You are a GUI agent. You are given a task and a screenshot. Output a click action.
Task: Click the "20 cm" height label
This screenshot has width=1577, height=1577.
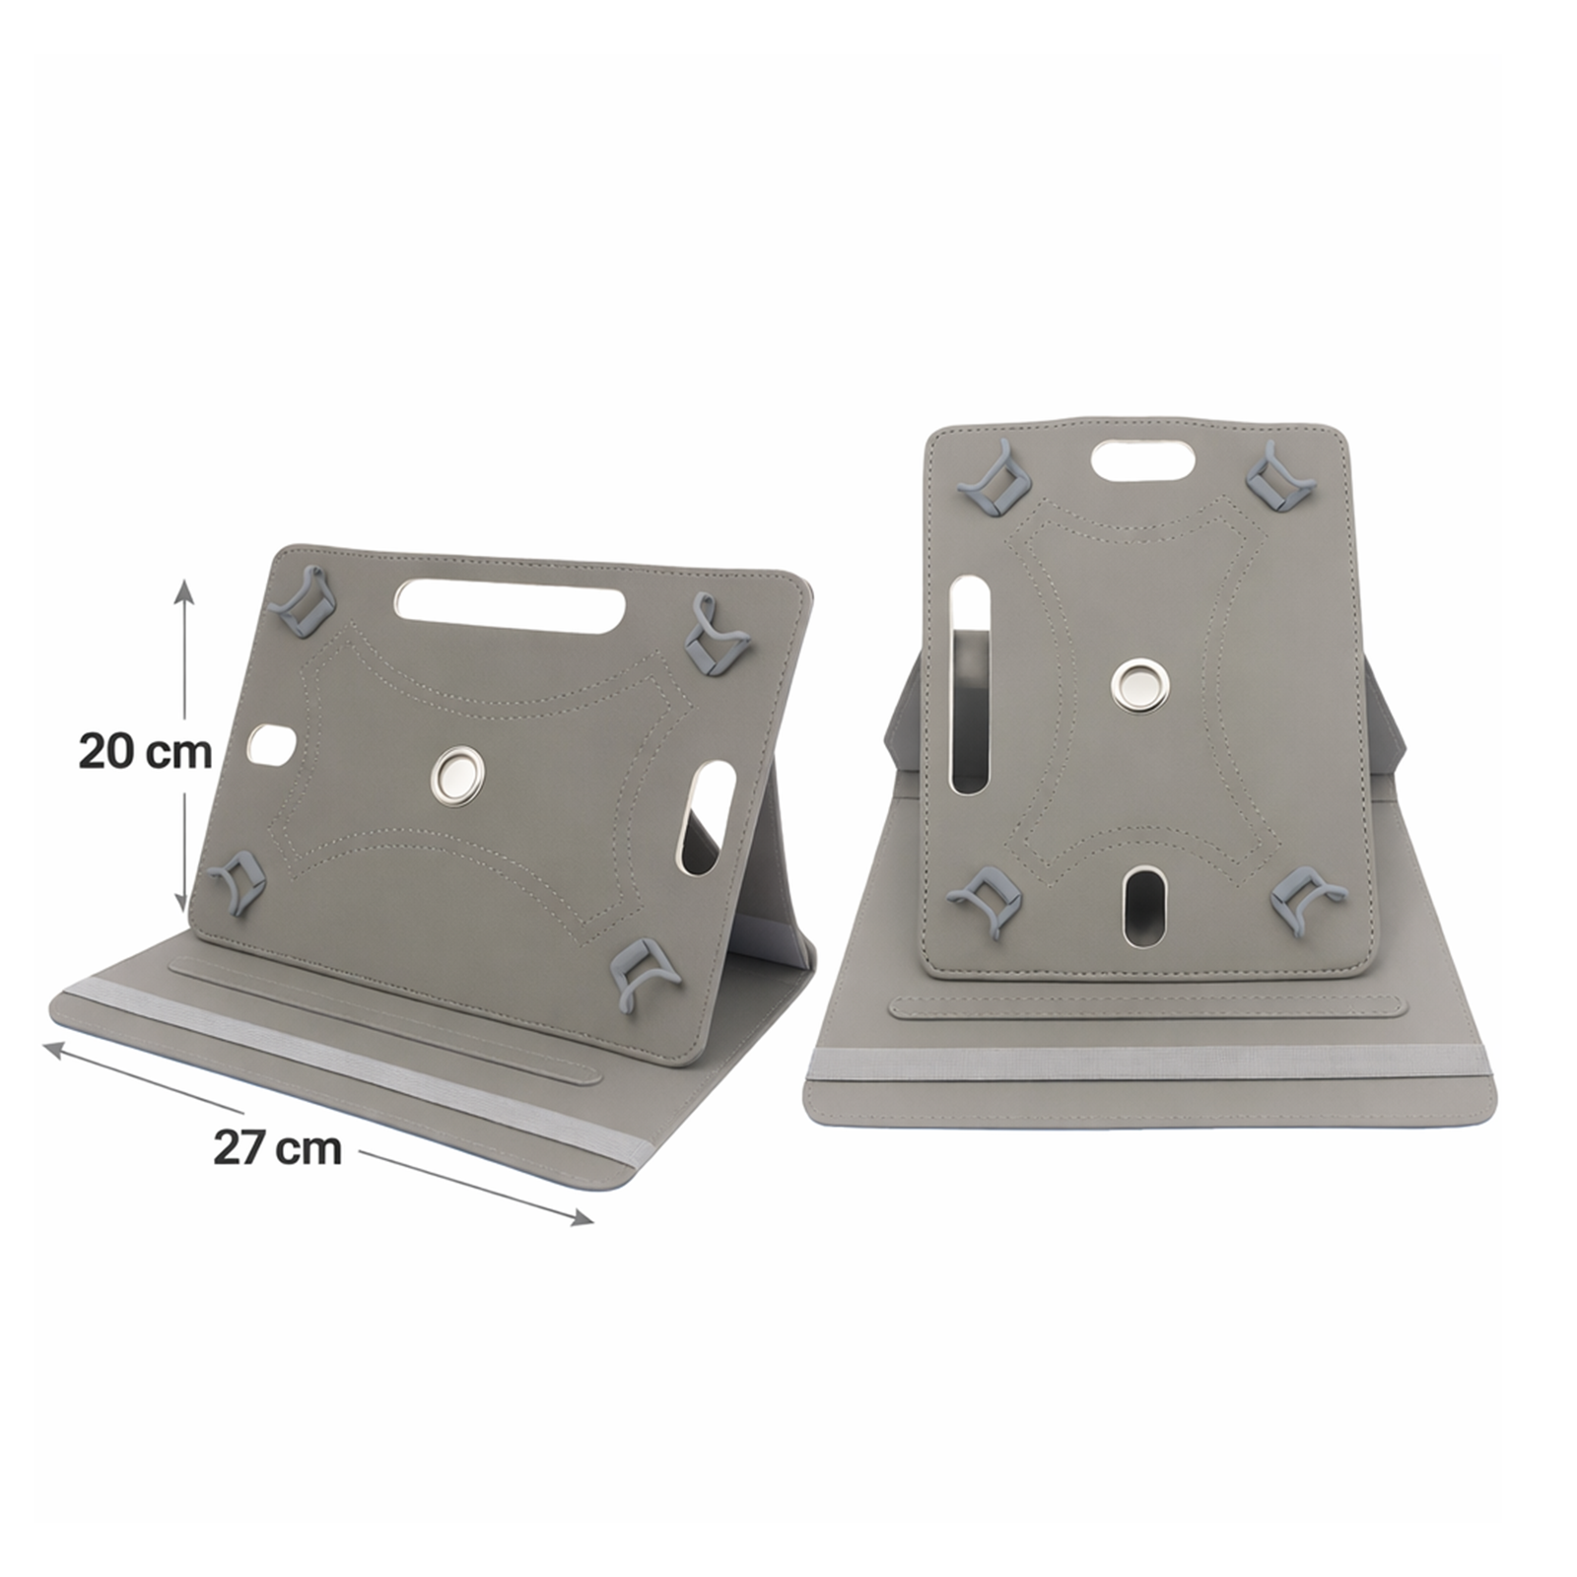coord(146,752)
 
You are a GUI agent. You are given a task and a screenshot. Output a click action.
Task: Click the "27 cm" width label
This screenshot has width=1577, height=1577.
coord(278,1148)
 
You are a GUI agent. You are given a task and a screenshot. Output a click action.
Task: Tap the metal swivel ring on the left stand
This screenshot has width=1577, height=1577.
coord(458,774)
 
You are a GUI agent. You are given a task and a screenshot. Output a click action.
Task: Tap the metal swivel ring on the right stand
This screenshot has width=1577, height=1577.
coord(1141,684)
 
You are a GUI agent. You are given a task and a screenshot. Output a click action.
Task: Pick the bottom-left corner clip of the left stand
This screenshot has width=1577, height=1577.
coord(238,879)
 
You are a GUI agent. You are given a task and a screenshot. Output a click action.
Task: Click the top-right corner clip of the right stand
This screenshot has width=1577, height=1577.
coord(1280,476)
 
